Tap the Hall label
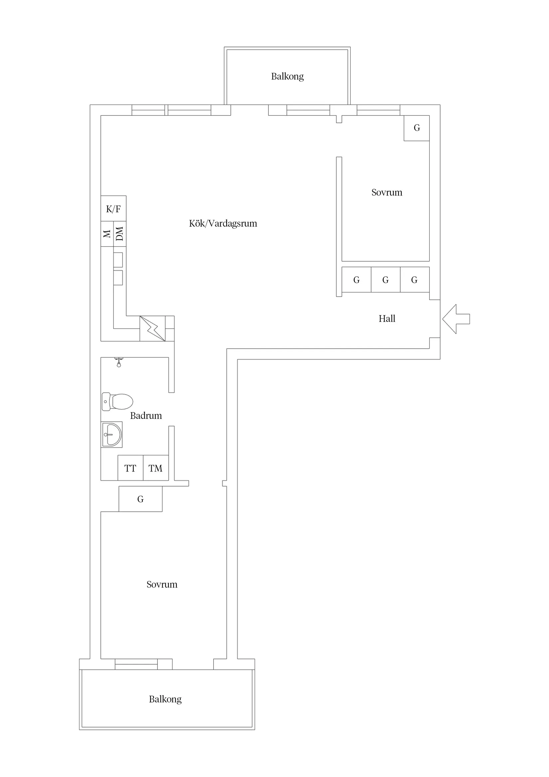click(x=387, y=319)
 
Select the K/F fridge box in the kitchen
click(x=113, y=208)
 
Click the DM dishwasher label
click(x=120, y=234)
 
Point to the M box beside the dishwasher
click(x=107, y=234)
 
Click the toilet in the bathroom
click(x=117, y=402)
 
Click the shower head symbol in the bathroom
click(x=119, y=362)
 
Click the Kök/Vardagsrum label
click(x=223, y=223)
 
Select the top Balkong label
click(x=287, y=77)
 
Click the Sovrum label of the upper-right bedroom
click(x=387, y=192)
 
